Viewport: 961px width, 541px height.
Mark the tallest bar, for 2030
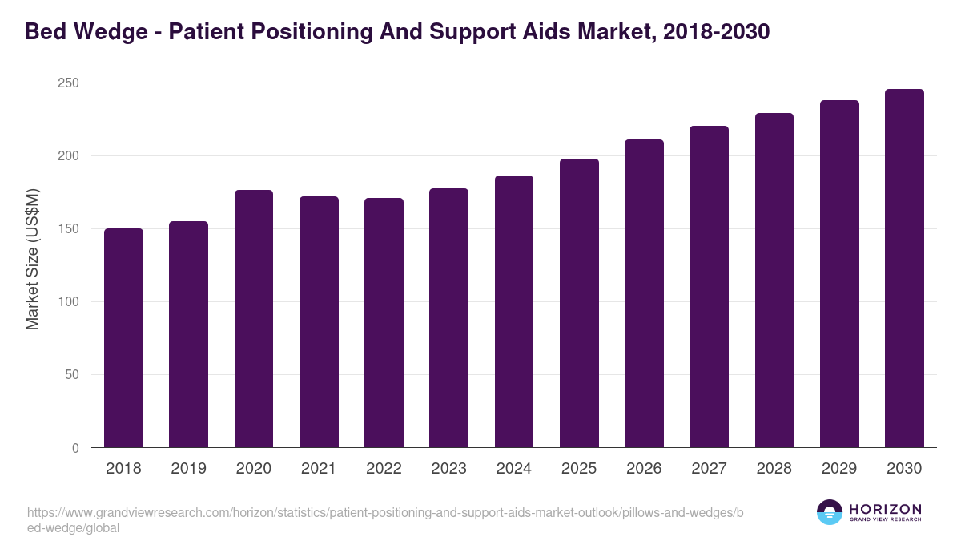click(904, 268)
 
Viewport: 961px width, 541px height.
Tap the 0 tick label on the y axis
click(75, 448)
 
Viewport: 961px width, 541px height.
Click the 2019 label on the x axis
click(188, 469)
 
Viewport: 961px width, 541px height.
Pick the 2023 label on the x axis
click(448, 469)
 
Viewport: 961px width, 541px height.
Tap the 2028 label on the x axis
click(774, 469)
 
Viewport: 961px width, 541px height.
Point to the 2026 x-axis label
click(644, 469)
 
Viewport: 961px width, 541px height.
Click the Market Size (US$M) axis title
click(33, 259)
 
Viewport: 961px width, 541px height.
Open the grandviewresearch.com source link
click(384, 520)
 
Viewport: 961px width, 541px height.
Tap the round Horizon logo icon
click(830, 512)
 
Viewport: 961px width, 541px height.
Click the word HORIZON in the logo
click(885, 508)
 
